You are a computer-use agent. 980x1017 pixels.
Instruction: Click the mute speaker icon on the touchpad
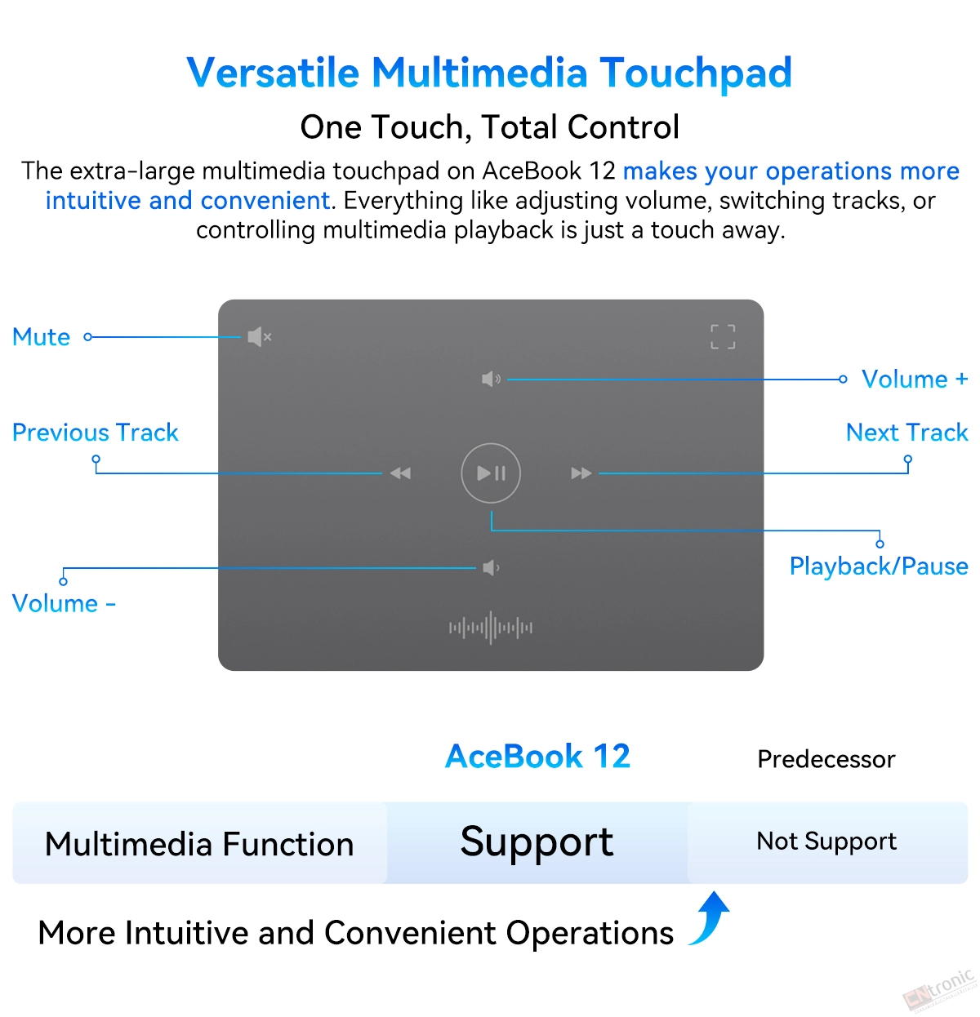260,337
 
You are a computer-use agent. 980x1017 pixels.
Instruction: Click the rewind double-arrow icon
401,473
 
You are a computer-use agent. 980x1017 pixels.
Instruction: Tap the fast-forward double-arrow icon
581,473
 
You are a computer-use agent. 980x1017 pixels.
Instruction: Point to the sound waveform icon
491,628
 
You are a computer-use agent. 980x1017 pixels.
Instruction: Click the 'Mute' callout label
42,337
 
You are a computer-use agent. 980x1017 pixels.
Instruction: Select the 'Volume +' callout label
915,380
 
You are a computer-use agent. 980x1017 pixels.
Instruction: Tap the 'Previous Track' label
96,433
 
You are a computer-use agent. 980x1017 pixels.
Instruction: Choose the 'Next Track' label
906,433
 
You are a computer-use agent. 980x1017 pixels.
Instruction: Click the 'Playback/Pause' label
879,566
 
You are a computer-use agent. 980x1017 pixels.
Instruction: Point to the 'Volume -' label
64,604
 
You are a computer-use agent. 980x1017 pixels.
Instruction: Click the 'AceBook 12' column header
537,756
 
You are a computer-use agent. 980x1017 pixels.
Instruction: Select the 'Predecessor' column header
826,759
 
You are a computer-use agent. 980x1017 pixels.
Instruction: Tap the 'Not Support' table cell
826,842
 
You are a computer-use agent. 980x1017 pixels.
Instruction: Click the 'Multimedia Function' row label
199,844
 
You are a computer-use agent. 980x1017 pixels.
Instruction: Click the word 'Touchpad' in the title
696,73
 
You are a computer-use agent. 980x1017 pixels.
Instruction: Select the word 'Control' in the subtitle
623,127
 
